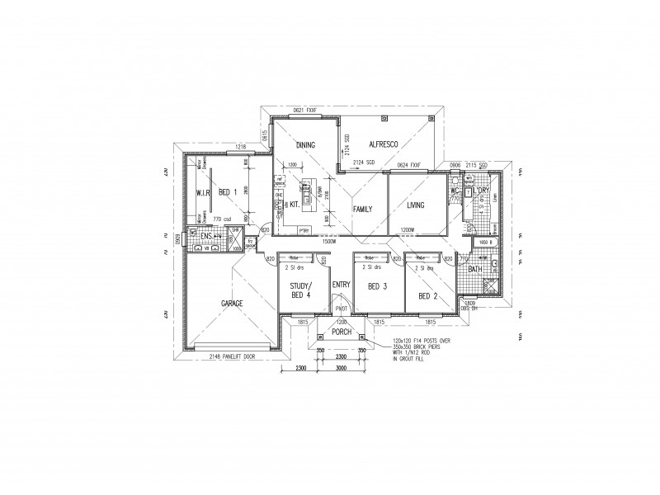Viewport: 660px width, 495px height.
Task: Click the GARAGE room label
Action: coord(231,304)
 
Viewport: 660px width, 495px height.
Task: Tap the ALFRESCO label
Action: coord(384,144)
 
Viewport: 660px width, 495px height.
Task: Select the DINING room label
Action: coord(305,145)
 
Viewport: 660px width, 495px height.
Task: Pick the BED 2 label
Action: coord(427,295)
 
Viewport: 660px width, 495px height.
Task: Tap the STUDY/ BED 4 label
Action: coord(301,290)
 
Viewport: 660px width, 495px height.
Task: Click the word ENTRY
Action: coord(341,285)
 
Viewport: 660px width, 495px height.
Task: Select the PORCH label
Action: coord(341,332)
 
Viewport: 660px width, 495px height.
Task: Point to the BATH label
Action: coord(475,269)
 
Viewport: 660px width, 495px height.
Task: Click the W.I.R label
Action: coord(203,192)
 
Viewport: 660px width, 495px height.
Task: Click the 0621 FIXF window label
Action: coord(304,110)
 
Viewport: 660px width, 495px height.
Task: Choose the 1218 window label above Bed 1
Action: coord(241,147)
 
